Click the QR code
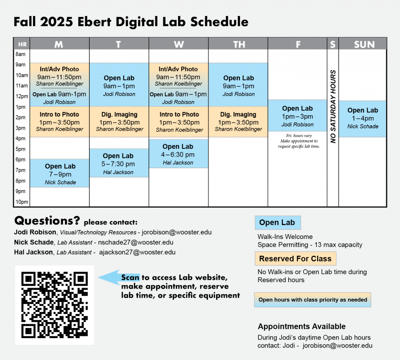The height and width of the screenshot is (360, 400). (55, 305)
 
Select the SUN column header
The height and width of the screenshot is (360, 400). (364, 45)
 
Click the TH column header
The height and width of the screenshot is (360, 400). (239, 45)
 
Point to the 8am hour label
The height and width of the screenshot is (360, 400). (20, 54)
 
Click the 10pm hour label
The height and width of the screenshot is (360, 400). (22, 202)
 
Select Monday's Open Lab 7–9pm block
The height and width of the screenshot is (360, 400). (60, 173)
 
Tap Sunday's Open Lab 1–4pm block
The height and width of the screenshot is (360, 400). (362, 119)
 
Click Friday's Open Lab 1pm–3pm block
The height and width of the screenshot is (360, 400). (297, 116)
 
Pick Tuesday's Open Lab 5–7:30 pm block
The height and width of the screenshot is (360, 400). (119, 163)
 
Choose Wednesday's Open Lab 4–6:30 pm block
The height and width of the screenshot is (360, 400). (179, 154)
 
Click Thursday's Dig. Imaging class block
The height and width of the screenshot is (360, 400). (238, 122)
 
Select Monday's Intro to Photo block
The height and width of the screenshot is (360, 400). (60, 122)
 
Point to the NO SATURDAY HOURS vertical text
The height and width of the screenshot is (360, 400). (333, 106)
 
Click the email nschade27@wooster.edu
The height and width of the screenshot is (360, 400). (136, 242)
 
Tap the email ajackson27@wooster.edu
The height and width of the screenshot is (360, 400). (137, 252)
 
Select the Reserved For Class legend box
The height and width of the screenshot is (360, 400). (295, 258)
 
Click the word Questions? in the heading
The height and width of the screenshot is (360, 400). (47, 221)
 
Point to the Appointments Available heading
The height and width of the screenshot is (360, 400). (302, 326)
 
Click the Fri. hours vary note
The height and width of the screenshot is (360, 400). (299, 141)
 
